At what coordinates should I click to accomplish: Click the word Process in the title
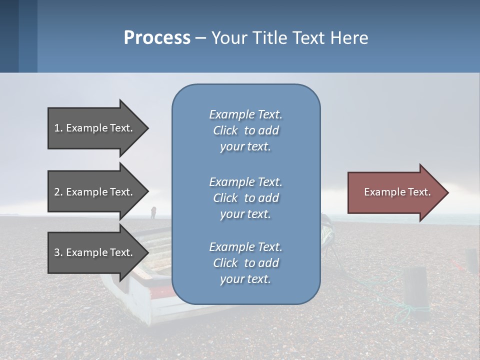[x=157, y=38]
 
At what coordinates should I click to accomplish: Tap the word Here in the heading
[x=349, y=37]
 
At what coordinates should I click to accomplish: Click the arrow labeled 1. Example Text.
[x=98, y=128]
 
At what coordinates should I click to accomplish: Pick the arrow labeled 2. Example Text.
[x=98, y=191]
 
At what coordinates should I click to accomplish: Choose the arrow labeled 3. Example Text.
[x=98, y=252]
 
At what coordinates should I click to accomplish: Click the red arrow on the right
[x=398, y=192]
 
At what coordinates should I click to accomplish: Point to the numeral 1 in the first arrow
[x=57, y=128]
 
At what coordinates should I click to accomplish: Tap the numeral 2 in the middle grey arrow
[x=57, y=192]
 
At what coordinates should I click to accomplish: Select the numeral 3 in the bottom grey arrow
[x=57, y=252]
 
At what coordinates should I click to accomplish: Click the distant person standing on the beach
[x=153, y=212]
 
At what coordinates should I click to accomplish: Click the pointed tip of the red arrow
[x=448, y=192]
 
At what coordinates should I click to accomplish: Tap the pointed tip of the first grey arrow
[x=148, y=128]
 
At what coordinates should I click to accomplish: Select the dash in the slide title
[x=200, y=39]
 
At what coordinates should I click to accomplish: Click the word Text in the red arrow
[x=419, y=192]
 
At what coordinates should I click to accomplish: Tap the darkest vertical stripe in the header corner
[x=9, y=36]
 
